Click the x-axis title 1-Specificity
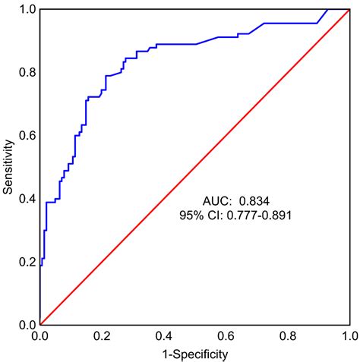[x=194, y=353]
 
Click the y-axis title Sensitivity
[x=8, y=166]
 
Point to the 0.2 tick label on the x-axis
[x=102, y=335]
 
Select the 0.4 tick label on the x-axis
[x=163, y=335]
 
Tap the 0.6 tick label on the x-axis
[x=226, y=335]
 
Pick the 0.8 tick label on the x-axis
[x=287, y=335]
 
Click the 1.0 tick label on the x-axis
[x=349, y=335]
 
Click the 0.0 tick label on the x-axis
[x=39, y=335]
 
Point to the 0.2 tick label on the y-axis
[x=27, y=262]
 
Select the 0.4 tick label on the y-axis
[x=27, y=199]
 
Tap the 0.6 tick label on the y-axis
[x=27, y=135]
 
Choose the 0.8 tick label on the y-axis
[x=27, y=72]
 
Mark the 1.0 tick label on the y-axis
[x=27, y=9]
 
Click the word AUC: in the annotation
[x=219, y=200]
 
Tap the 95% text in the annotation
[x=189, y=216]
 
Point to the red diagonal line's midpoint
[x=194, y=167]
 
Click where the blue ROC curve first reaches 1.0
[x=327, y=9]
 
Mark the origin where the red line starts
[x=40, y=324]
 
